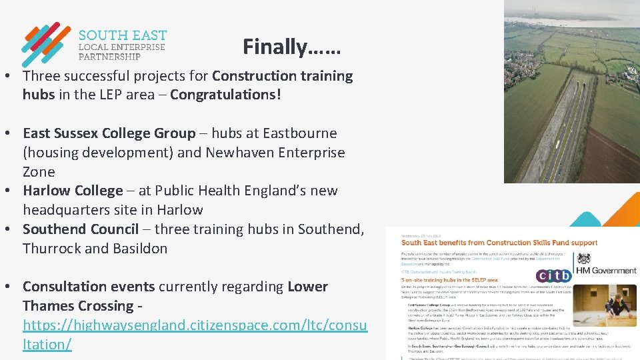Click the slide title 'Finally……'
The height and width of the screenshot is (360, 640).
[291, 47]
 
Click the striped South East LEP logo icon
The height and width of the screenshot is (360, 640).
[45, 45]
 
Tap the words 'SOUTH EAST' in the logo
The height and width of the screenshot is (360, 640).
[123, 35]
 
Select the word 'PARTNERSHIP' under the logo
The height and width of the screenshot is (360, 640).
[110, 57]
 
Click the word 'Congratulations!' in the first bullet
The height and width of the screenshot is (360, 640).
[225, 95]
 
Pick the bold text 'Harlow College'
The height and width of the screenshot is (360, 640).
[73, 191]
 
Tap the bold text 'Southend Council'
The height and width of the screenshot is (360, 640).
[81, 229]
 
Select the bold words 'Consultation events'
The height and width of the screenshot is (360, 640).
[89, 287]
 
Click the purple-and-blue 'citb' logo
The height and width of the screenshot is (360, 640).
[554, 275]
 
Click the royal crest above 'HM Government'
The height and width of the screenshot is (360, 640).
[585, 259]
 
